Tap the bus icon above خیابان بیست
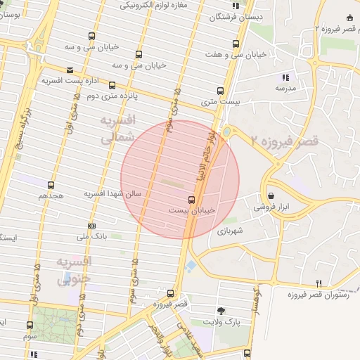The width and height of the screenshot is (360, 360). (x=191, y=199)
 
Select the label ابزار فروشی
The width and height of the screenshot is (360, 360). (x=273, y=207)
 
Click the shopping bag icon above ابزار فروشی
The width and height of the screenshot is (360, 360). (x=271, y=196)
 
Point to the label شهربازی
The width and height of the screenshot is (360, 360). (x=230, y=230)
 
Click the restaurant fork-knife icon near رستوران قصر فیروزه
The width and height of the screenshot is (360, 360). (x=319, y=283)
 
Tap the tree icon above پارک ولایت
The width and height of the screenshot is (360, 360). (x=221, y=310)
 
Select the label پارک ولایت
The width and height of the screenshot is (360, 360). (x=217, y=321)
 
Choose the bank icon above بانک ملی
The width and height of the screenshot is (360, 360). (x=91, y=226)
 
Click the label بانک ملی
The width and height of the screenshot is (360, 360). (x=92, y=237)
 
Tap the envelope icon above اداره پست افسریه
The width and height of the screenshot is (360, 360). (x=70, y=70)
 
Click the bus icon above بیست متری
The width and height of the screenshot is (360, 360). (x=220, y=91)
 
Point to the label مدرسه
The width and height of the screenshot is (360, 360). (x=285, y=89)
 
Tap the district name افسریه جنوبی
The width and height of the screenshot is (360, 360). (x=74, y=271)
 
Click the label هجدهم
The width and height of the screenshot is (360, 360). (x=51, y=195)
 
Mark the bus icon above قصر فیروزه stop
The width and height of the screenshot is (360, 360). (x=171, y=293)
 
